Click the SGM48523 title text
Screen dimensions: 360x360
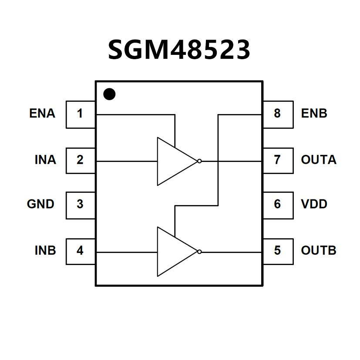179,50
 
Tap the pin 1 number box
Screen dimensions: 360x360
81,114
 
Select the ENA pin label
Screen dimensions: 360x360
42,114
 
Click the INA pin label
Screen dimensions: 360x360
45,160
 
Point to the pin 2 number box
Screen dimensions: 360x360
81,160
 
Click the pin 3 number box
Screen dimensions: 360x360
81,205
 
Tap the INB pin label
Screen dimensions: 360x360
45,251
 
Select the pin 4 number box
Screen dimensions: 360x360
81,251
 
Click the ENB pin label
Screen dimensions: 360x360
314,114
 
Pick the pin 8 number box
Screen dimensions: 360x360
278,114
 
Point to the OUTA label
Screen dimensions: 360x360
319,160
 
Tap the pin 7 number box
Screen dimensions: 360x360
278,160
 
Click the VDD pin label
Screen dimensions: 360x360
314,204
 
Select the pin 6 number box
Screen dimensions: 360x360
278,205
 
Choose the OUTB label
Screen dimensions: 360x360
319,251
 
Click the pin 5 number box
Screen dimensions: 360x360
278,251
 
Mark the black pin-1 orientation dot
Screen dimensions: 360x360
109,94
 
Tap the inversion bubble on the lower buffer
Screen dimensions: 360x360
199,252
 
